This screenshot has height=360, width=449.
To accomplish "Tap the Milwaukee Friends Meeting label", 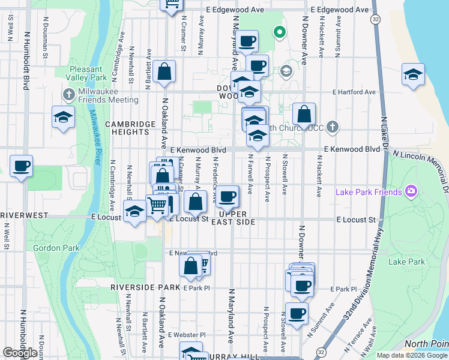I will (x=108, y=95).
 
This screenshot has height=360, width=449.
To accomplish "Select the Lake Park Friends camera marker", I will (x=411, y=192).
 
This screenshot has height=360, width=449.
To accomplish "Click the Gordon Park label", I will (x=48, y=248).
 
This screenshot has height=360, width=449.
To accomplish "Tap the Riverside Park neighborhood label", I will (x=145, y=287).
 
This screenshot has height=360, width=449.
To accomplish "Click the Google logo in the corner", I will (x=20, y=353).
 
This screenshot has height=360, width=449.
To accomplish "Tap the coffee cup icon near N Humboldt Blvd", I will (x=22, y=166).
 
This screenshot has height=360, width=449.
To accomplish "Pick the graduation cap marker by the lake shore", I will (x=414, y=75).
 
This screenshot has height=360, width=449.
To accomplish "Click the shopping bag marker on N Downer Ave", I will (x=304, y=115).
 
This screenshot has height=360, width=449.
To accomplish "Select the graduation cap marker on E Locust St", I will (x=134, y=211).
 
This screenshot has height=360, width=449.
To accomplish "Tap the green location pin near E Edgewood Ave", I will (x=278, y=32).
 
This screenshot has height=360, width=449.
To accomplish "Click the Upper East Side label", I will (x=238, y=218).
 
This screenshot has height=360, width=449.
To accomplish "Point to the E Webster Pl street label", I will (x=187, y=335).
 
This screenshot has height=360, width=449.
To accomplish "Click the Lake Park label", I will (x=406, y=262).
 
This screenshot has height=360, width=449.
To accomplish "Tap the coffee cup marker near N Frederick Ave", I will (x=227, y=197).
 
